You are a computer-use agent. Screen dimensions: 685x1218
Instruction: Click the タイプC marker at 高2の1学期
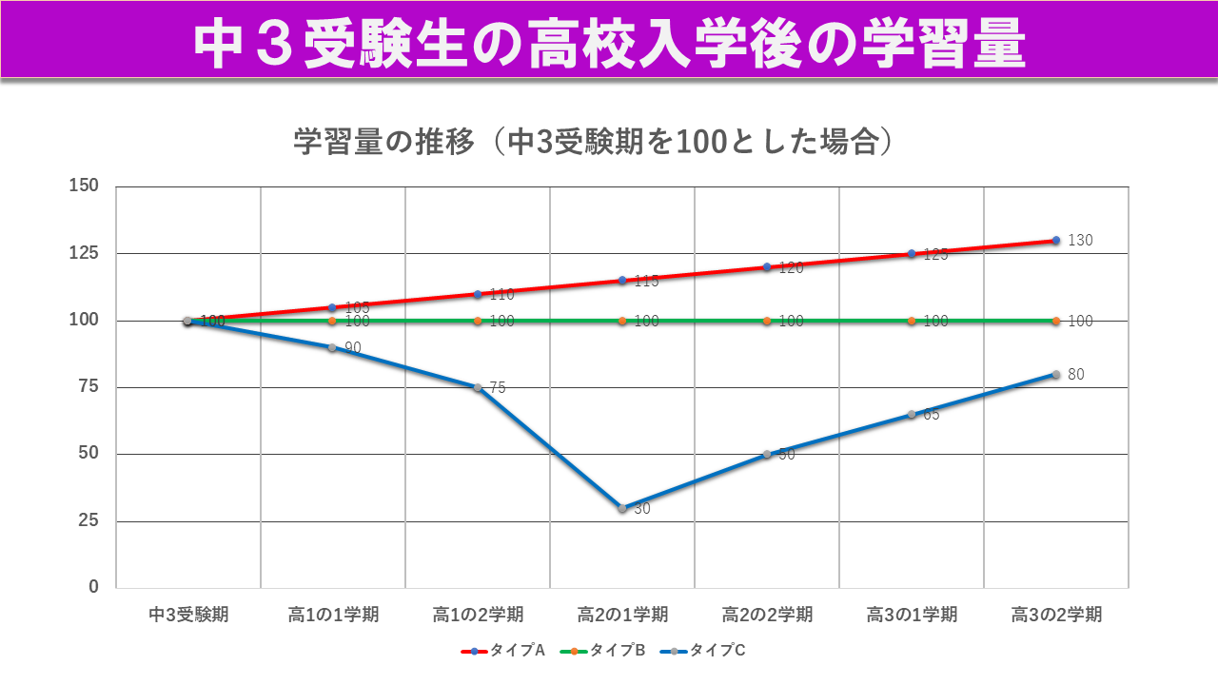622,508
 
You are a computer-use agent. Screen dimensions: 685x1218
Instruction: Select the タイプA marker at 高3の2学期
1056,241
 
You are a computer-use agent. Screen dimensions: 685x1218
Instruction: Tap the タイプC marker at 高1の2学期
478,387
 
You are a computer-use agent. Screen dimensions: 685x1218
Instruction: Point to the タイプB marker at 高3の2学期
1056,321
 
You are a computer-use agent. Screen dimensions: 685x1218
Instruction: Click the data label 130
1080,241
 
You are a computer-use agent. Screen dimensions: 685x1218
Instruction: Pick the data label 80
1075,375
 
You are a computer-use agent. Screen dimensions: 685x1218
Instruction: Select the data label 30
642,509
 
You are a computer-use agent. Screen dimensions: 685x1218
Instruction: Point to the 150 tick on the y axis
86,186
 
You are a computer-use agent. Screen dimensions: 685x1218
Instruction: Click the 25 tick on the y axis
88,520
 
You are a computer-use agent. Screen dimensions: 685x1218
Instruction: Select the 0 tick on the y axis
93,587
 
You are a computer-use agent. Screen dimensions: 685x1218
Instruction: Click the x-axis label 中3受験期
188,615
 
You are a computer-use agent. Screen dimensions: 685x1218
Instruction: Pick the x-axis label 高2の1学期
622,615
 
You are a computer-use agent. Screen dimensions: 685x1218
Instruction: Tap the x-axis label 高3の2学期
1056,615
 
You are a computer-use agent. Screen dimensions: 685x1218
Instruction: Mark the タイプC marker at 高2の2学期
767,454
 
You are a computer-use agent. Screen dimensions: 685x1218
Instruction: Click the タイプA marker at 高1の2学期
478,294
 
